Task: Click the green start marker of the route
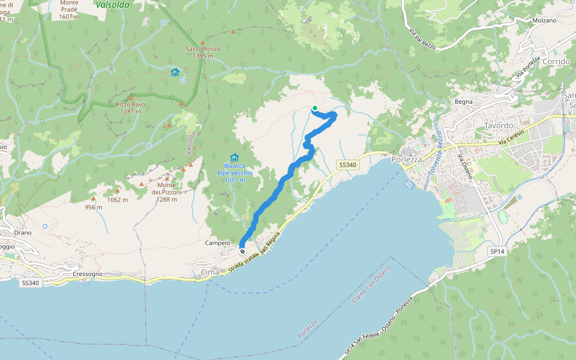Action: pos(314,108)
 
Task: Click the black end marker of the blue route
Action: pos(242,251)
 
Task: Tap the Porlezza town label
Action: pos(408,160)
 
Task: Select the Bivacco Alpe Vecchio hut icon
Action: pos(235,157)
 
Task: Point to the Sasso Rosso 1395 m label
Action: pos(203,52)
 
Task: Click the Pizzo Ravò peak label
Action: pos(131,108)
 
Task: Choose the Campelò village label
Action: pos(218,243)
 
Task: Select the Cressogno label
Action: pos(87,274)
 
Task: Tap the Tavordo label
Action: pos(499,125)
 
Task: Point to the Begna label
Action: pos(464,101)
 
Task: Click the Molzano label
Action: pos(544,20)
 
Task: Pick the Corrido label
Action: pos(555,61)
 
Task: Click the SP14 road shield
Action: pos(497,251)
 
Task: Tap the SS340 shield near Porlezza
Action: pos(347,165)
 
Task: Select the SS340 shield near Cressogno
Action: pos(30,283)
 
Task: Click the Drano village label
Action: pos(23,232)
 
